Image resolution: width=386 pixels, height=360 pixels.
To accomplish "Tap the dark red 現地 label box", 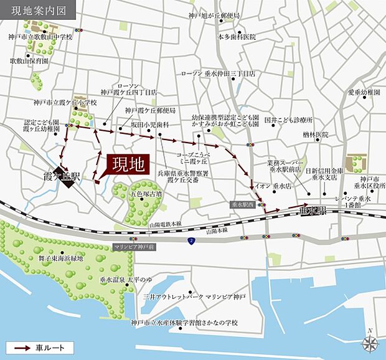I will (128, 164).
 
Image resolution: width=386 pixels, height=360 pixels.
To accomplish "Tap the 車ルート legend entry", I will (40, 347).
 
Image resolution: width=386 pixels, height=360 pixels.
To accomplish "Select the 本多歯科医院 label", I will (237, 37).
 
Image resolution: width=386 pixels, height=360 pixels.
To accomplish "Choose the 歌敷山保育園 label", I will (29, 62).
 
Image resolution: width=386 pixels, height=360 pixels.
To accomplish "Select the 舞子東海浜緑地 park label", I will (60, 258).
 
